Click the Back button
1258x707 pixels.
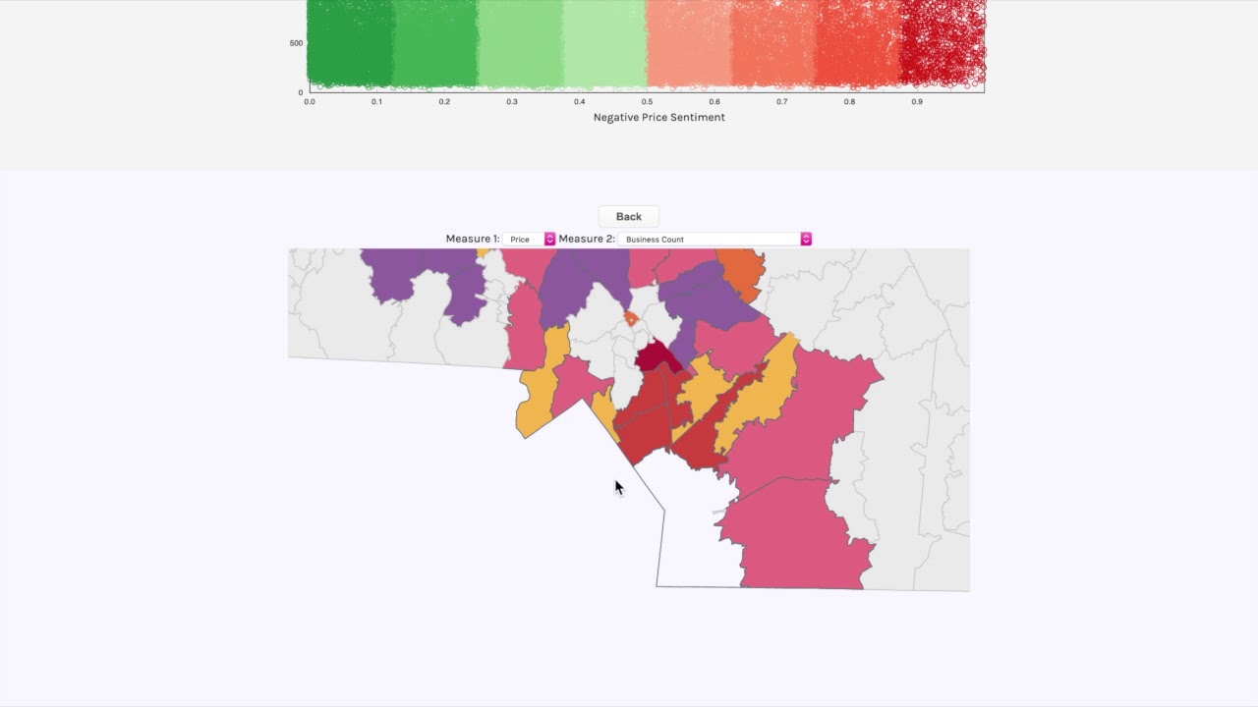point(628,216)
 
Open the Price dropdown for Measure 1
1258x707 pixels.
point(529,239)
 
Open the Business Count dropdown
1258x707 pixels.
point(715,239)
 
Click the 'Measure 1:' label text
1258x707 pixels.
point(472,239)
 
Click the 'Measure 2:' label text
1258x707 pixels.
point(587,239)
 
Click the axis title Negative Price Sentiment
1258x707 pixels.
point(658,117)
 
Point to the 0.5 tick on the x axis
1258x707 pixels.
point(647,101)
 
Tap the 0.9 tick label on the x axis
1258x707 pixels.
point(917,101)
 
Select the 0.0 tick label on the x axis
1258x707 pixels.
point(310,101)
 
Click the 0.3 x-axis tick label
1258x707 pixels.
point(512,101)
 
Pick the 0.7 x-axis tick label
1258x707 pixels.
point(781,101)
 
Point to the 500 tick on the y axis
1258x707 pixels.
point(296,43)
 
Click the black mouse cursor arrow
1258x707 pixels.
point(618,487)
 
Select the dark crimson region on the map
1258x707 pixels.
point(656,357)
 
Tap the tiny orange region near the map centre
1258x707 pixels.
point(631,319)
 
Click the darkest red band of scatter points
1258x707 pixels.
point(942,44)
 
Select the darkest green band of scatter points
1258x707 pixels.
point(349,44)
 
